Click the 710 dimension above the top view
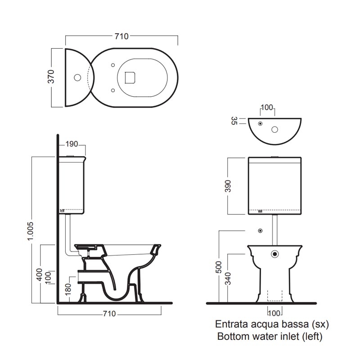click(x=121, y=36)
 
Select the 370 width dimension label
click(x=51, y=76)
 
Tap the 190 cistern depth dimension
click(x=72, y=144)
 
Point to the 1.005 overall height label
click(x=30, y=231)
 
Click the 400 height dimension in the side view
click(x=40, y=274)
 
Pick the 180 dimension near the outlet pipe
click(x=68, y=289)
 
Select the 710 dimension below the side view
click(x=109, y=314)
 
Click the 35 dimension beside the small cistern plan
click(x=234, y=121)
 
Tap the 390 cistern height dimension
click(x=228, y=186)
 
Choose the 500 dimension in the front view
click(x=219, y=267)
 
